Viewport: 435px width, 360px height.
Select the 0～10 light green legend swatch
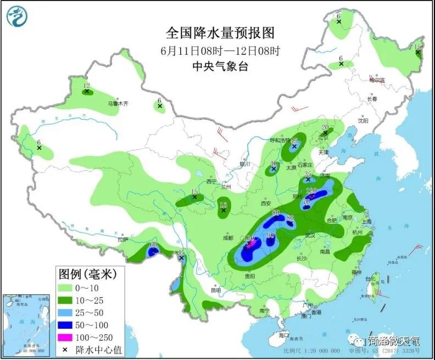tap(68, 288)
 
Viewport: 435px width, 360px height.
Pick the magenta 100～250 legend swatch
tap(68, 336)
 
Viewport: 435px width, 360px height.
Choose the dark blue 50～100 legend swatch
tap(68, 324)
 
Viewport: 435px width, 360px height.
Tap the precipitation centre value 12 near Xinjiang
tap(86, 86)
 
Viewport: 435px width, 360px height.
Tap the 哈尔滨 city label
tap(377, 81)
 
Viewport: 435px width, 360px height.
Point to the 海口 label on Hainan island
tap(283, 334)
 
